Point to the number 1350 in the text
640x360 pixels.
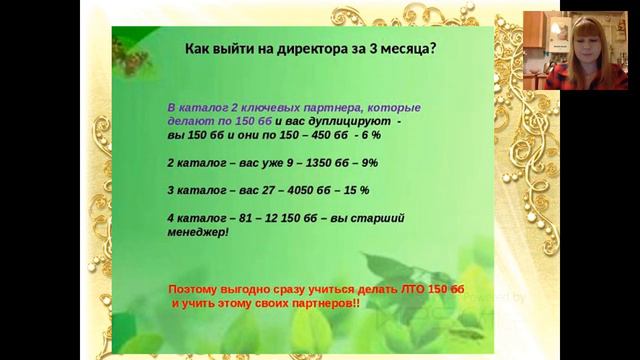pyautogui.click(x=303, y=162)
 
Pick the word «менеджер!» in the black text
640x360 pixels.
pyautogui.click(x=198, y=231)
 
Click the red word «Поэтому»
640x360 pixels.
pyautogui.click(x=196, y=288)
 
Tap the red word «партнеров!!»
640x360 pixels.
pyautogui.click(x=319, y=301)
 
